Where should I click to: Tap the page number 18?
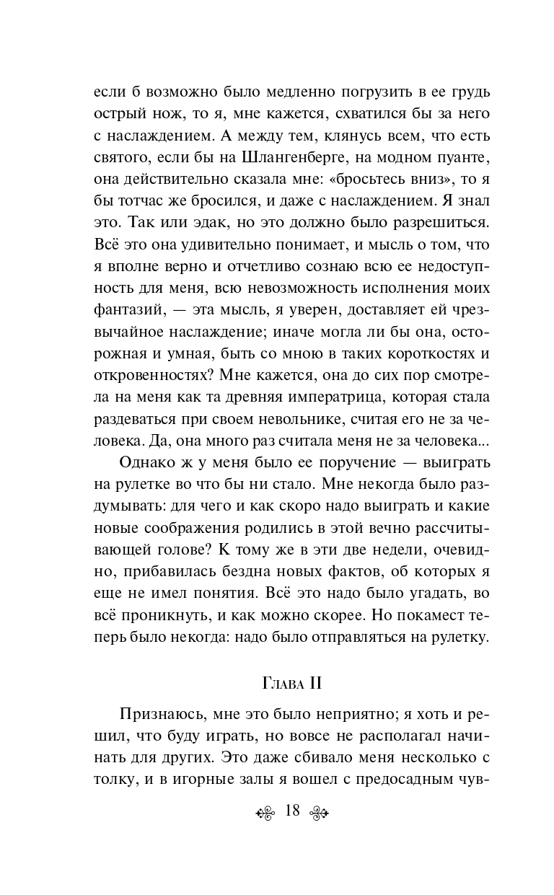[292, 810]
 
